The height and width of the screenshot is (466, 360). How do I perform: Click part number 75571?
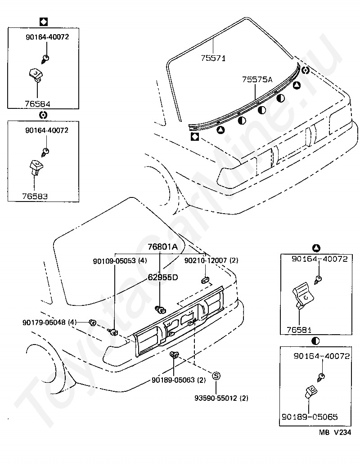[x=213, y=58]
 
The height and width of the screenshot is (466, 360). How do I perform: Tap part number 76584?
[x=37, y=103]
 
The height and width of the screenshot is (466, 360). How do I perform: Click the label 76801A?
[x=163, y=246]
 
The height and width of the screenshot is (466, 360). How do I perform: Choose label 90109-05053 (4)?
[x=120, y=260]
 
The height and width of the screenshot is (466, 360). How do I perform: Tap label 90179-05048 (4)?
[x=50, y=322]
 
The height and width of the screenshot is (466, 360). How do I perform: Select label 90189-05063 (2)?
[x=179, y=380]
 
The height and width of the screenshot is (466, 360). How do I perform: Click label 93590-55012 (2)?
[x=221, y=398]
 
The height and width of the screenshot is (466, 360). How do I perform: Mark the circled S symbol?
[x=216, y=376]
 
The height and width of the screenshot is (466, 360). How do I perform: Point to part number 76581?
[x=299, y=330]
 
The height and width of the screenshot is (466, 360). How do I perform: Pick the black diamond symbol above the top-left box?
[x=44, y=21]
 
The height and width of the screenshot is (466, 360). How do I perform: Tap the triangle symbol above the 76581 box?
[x=316, y=248]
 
